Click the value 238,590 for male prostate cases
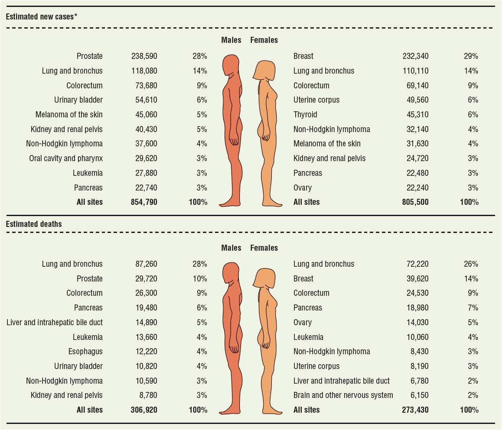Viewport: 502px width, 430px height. pyautogui.click(x=144, y=56)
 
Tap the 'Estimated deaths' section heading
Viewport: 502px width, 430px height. pyautogui.click(x=34, y=224)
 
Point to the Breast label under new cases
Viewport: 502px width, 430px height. pyautogui.click(x=303, y=56)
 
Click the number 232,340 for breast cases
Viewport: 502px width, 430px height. pyautogui.click(x=415, y=56)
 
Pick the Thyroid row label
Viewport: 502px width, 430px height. pyautogui.click(x=305, y=115)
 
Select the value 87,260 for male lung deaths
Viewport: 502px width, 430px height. pyautogui.click(x=147, y=264)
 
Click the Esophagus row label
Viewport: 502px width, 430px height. pyautogui.click(x=85, y=352)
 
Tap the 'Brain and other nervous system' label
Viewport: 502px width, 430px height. pyautogui.click(x=343, y=395)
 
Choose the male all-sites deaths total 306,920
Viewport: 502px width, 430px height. pyautogui.click(x=144, y=410)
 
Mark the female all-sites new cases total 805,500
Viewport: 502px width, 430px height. pyautogui.click(x=415, y=202)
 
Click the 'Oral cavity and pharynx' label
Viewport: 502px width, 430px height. pyautogui.click(x=66, y=158)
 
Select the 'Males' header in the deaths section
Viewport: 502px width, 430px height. pyautogui.click(x=231, y=248)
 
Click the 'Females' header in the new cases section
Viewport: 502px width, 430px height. pyautogui.click(x=264, y=40)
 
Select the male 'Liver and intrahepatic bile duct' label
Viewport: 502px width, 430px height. pyautogui.click(x=55, y=323)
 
